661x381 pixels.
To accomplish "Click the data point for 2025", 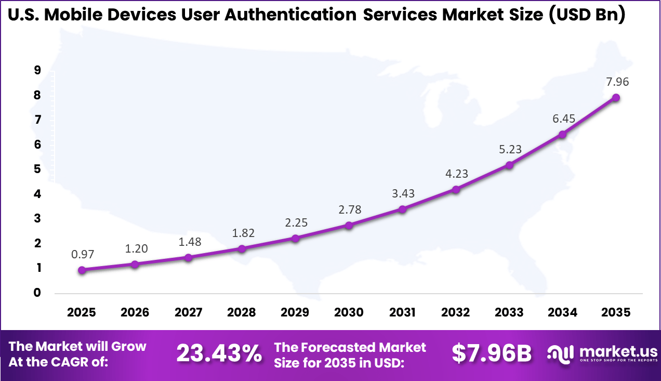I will tap(82, 270).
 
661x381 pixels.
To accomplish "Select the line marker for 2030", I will tap(349, 226).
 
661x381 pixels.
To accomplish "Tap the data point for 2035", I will tap(616, 98).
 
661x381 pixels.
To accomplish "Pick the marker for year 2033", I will tap(509, 165).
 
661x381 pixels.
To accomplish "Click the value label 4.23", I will tap(456, 174).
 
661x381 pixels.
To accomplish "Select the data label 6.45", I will tap(562, 119).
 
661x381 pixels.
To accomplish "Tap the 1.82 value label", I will tap(242, 233).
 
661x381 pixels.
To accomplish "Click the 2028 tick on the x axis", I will tap(242, 312).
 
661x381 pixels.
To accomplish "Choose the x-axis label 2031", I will tap(402, 312).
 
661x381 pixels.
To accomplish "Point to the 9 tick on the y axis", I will tap(37, 71).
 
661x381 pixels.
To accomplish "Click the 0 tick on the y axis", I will tap(37, 293).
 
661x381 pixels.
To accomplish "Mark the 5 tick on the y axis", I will tap(37, 169).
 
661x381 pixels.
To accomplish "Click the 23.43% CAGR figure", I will tap(219, 354).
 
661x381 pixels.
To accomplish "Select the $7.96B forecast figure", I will tap(492, 354).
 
